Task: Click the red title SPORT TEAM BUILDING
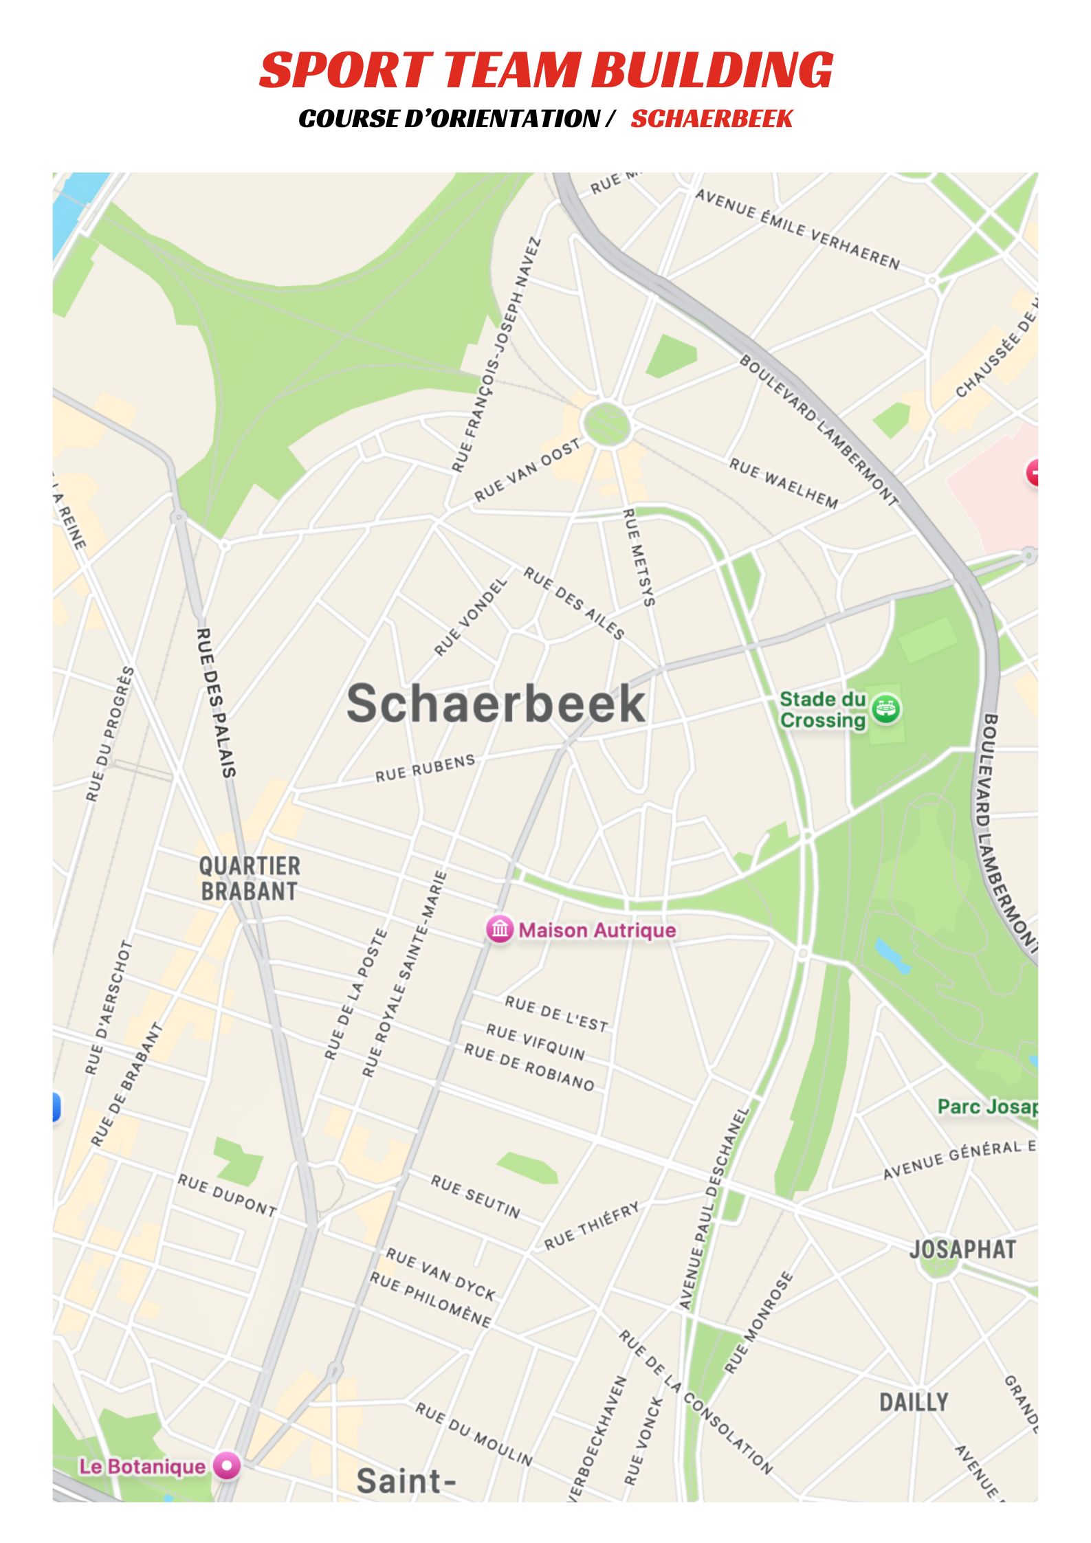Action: (x=546, y=70)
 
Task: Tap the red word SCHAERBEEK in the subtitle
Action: (x=712, y=119)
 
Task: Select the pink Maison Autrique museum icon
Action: (x=500, y=930)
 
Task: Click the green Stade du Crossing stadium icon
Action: (x=886, y=709)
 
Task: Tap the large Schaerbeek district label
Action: (x=496, y=704)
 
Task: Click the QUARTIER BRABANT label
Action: (x=249, y=878)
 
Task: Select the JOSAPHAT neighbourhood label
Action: (x=962, y=1250)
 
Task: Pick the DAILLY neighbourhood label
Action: (x=914, y=1401)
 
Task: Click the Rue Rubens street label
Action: (x=425, y=768)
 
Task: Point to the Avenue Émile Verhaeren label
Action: (x=797, y=229)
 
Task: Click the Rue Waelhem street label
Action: (x=784, y=483)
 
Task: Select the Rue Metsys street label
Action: (x=639, y=557)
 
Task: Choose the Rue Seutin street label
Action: (x=476, y=1197)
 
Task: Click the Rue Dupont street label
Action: (x=227, y=1195)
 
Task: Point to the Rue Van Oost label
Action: (x=527, y=469)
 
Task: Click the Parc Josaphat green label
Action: (x=987, y=1107)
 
